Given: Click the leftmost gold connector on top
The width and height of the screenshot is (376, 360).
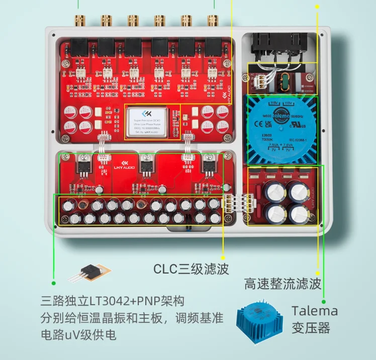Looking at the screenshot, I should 79,21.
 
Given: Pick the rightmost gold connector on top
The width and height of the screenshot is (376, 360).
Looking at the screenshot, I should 213,21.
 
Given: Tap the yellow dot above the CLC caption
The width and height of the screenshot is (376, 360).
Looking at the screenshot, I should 223,253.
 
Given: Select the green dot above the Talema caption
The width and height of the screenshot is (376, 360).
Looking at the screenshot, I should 324,288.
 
